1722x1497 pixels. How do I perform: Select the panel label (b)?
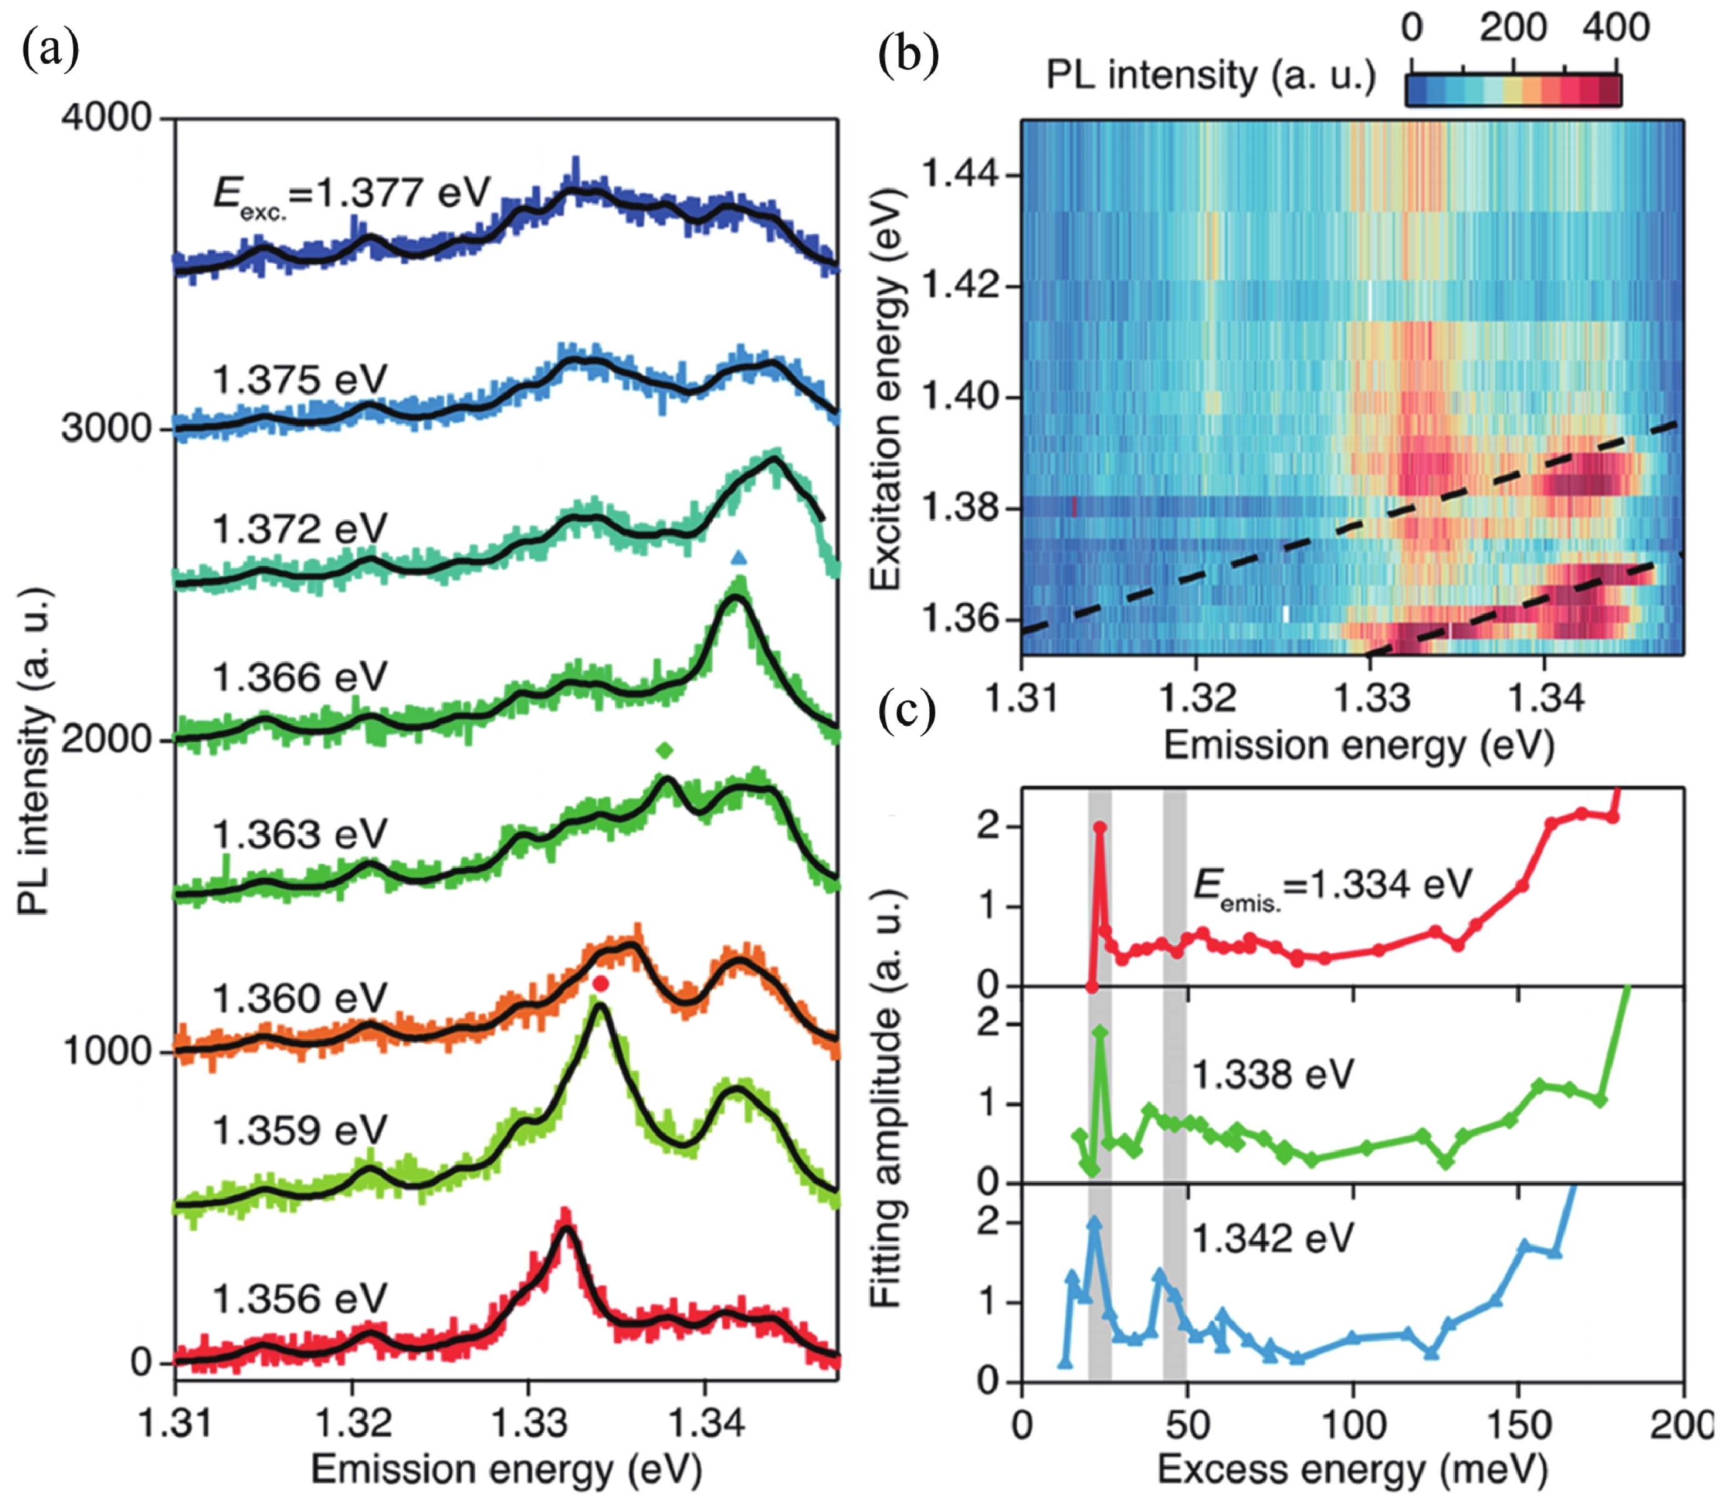click(x=908, y=55)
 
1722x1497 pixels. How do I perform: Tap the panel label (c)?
click(x=908, y=713)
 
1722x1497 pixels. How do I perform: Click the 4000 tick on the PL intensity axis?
click(x=106, y=118)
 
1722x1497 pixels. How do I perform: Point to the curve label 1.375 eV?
click(x=299, y=379)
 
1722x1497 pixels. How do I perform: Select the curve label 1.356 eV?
click(x=299, y=1299)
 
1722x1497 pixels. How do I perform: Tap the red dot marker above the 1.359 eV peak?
click(x=600, y=984)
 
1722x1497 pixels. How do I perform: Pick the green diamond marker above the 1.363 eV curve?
click(x=664, y=750)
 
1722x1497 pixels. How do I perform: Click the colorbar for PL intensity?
click(x=1513, y=90)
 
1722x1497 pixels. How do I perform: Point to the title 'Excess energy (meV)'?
click(x=1352, y=1469)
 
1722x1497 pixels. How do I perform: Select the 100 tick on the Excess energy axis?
click(x=1353, y=1424)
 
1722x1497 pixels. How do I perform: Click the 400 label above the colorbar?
click(x=1615, y=28)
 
